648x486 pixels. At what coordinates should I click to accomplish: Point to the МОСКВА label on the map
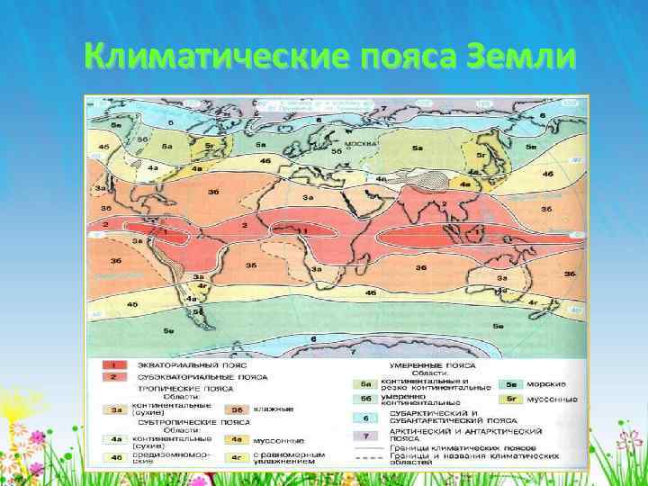tap(348, 143)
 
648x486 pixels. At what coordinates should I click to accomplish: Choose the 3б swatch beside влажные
tap(236, 409)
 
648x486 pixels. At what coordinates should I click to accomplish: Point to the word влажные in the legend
tap(274, 409)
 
